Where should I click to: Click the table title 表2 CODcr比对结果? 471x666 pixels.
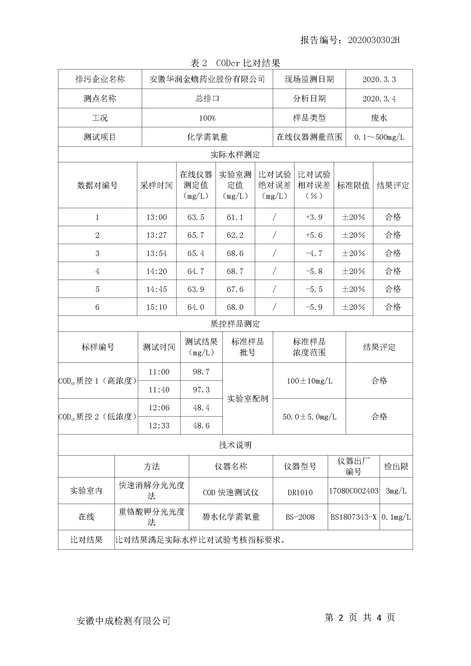coord(235,63)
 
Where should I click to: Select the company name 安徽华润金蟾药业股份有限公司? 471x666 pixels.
coord(207,79)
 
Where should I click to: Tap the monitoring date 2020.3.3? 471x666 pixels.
coord(379,79)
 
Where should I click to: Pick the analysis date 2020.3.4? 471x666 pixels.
coord(379,99)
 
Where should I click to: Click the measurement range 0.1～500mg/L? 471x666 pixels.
coord(379,137)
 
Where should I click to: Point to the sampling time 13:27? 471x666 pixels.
coord(156,235)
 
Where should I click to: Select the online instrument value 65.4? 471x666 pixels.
coord(196,253)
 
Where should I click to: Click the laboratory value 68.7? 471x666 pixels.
coord(235,271)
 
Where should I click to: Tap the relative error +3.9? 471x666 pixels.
coord(314,217)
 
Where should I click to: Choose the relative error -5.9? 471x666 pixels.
coord(314,307)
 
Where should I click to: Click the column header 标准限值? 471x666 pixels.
coord(353,185)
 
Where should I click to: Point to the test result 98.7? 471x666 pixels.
coord(201,372)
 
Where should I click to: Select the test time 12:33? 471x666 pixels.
coord(159,425)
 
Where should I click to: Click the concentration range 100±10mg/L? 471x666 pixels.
coord(309,381)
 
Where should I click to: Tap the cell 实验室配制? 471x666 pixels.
coord(247,399)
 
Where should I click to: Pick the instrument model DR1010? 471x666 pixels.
coord(300,492)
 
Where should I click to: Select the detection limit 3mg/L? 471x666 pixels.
coord(396,491)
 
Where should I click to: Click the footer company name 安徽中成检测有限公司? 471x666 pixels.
coord(123,621)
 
